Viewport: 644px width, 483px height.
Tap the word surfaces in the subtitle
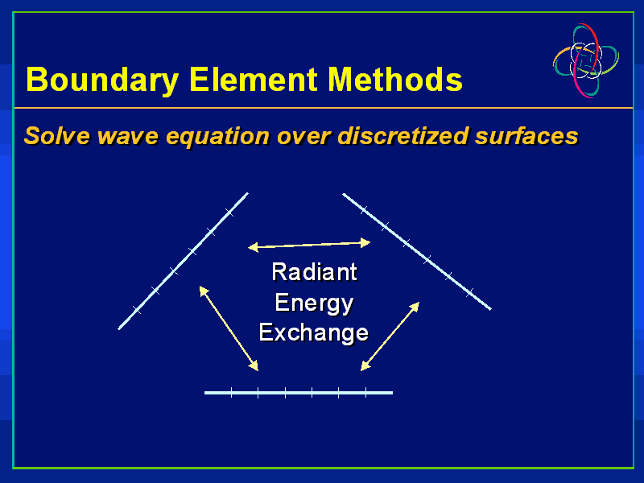coord(526,135)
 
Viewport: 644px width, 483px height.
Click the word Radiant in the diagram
coord(314,272)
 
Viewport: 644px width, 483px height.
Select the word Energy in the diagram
coord(314,303)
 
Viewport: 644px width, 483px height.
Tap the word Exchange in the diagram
coord(314,332)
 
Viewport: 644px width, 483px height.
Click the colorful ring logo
coord(585,60)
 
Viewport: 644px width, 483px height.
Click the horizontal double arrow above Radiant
coord(309,244)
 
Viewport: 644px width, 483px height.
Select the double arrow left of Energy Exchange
coord(229,328)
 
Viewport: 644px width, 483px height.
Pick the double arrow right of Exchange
coord(390,336)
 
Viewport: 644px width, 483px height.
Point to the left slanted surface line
coord(184,260)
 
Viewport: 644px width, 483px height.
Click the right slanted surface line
coord(417,251)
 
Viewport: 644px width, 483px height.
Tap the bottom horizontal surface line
coord(299,393)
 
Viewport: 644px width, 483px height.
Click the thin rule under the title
coord(322,107)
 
